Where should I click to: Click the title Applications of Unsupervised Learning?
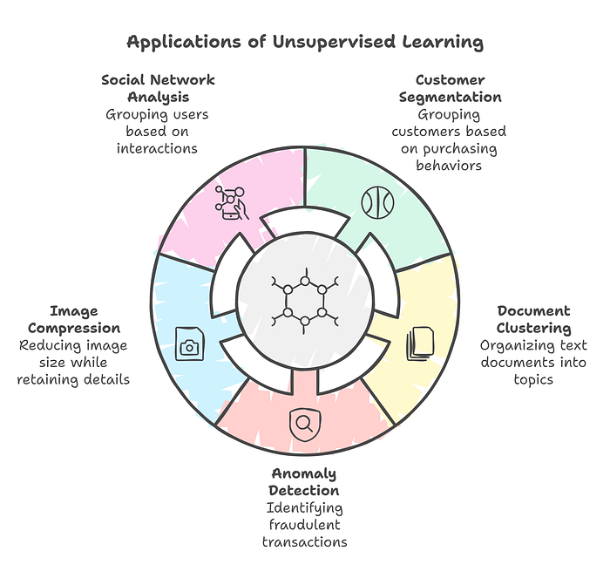click(305, 41)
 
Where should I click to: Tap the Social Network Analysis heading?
click(158, 88)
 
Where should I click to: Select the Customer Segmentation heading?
click(450, 88)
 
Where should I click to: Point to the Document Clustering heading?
click(534, 319)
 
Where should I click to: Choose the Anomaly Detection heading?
click(304, 481)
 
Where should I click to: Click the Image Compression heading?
click(74, 319)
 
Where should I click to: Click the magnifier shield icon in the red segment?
click(303, 424)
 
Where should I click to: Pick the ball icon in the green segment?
click(378, 203)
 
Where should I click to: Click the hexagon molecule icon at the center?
click(304, 300)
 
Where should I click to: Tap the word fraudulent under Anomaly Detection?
click(304, 525)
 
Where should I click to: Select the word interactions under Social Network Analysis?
click(158, 148)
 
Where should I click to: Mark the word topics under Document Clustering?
click(534, 379)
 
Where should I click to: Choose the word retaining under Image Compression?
click(49, 379)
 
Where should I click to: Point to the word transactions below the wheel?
click(304, 542)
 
